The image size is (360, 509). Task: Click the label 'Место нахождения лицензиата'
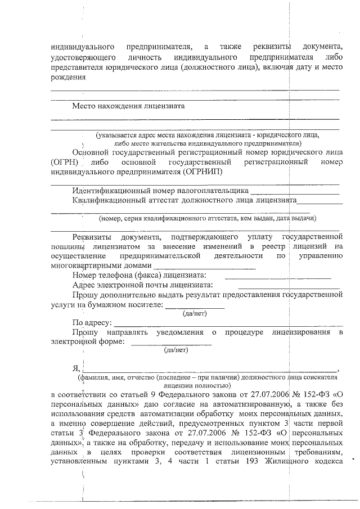coord(128,105)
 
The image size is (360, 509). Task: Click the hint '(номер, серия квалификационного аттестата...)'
coord(207,218)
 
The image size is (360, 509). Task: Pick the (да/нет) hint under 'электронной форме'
coord(175,349)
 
